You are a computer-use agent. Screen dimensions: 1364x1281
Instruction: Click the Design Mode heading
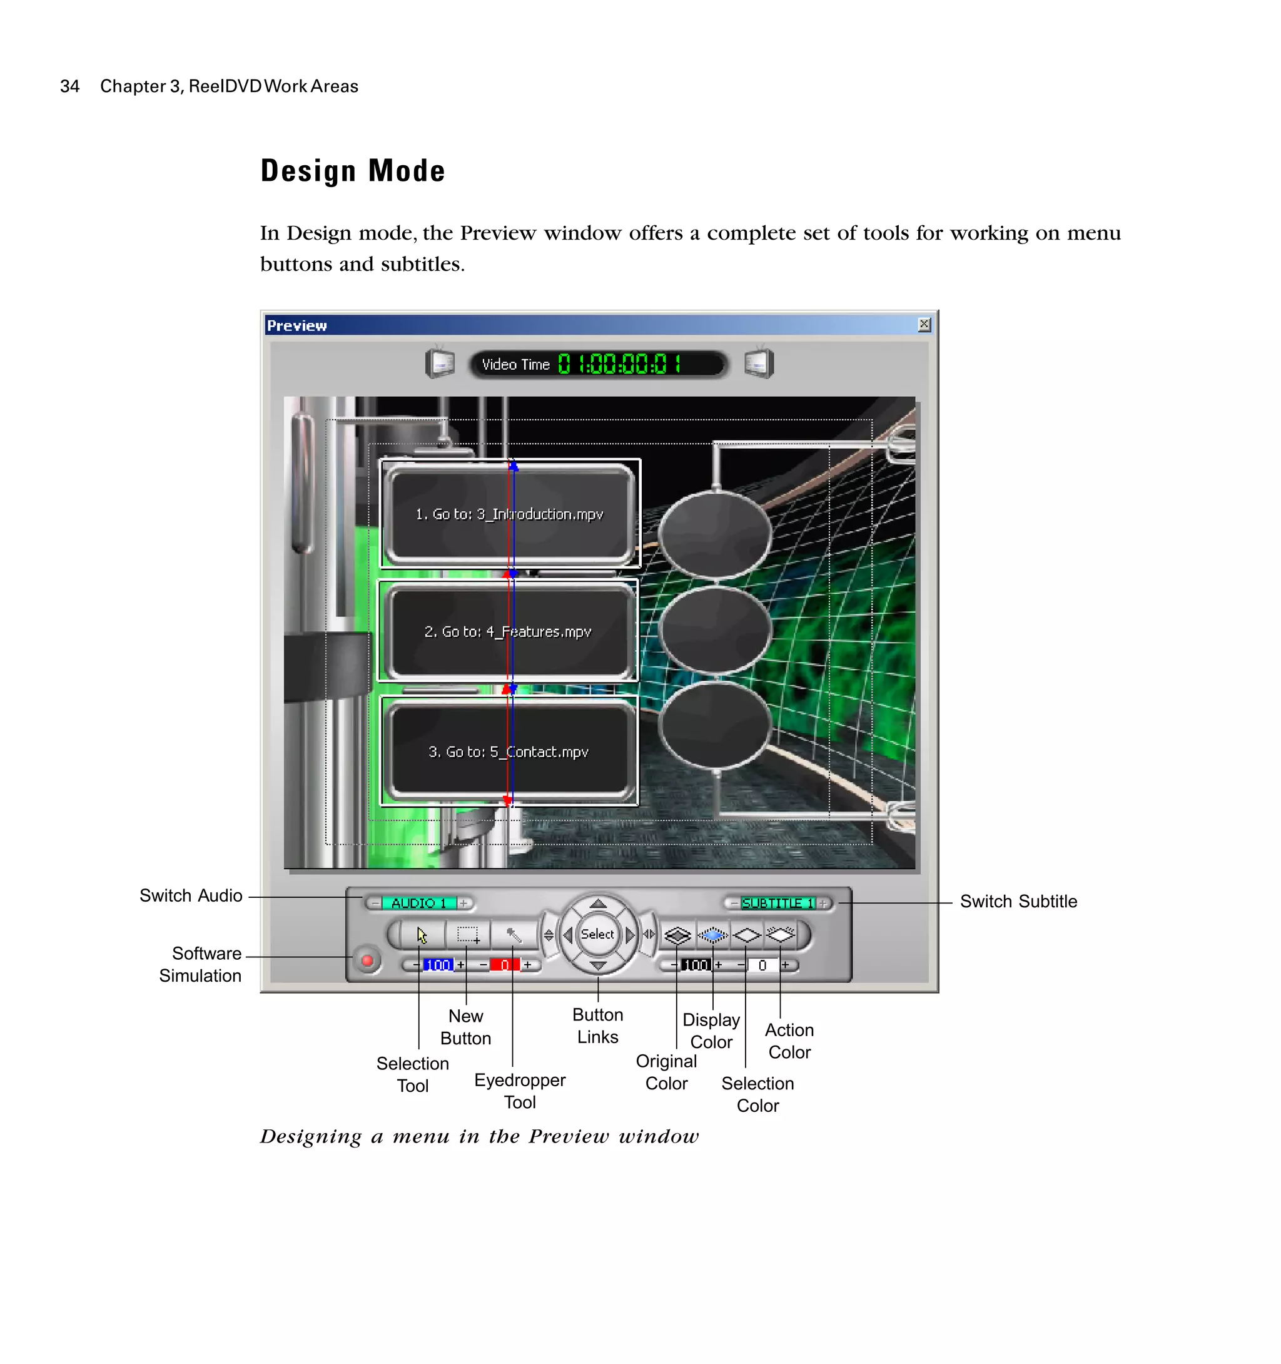(353, 171)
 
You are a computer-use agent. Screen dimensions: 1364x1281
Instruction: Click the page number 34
(69, 86)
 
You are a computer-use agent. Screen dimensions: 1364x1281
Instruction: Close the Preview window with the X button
(924, 325)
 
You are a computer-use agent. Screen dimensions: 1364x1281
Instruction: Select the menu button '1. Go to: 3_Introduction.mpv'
(510, 514)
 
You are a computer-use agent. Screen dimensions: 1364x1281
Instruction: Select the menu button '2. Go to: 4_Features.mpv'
(507, 631)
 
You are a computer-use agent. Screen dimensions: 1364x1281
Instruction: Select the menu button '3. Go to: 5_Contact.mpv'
(508, 752)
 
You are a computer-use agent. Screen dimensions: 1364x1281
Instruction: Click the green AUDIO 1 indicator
(418, 903)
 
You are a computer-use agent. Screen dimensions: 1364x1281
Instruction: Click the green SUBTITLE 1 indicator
(777, 903)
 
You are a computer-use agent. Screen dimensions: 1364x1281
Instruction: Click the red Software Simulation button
(368, 960)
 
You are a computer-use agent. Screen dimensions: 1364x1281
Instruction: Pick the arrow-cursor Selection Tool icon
(421, 935)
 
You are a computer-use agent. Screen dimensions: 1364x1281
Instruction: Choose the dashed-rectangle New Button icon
(468, 935)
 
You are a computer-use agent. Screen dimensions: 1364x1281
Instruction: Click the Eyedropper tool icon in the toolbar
(514, 935)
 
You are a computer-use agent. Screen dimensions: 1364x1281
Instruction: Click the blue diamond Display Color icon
(712, 935)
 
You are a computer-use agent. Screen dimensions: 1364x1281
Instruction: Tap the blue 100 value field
(437, 965)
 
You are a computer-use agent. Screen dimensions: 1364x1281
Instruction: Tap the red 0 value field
(505, 965)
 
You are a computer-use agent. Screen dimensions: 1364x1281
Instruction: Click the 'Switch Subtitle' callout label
(1018, 902)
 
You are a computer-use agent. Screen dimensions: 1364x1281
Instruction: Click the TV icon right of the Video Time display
(759, 363)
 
